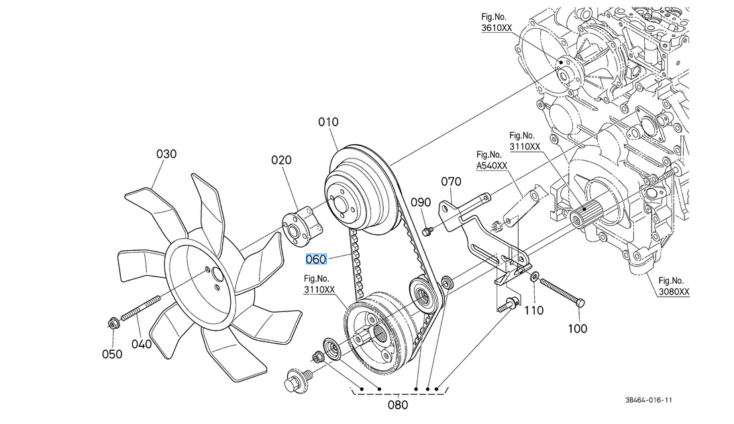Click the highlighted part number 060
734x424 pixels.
(315, 259)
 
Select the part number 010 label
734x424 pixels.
(329, 122)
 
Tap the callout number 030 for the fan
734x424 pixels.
(166, 154)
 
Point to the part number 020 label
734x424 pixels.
(282, 160)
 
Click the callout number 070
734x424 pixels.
(451, 181)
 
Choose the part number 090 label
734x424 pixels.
(421, 202)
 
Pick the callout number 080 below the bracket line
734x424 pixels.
(398, 405)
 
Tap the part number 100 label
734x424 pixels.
(577, 328)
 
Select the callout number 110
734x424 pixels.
(533, 311)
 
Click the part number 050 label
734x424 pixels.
(112, 354)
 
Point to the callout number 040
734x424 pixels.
(141, 344)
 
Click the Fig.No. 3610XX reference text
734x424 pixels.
(496, 23)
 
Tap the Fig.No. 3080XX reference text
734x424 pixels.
(674, 286)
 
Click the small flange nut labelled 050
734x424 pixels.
(112, 325)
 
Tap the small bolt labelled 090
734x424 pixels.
(427, 231)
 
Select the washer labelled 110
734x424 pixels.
(535, 276)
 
